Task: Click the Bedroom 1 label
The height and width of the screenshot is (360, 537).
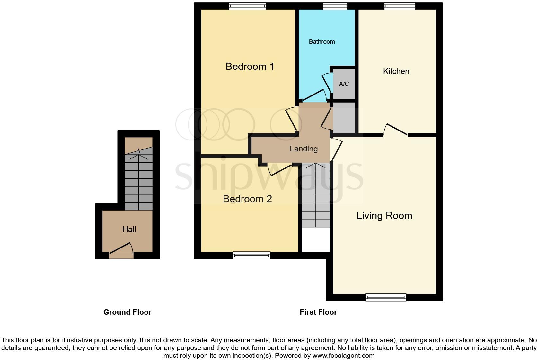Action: (x=250, y=67)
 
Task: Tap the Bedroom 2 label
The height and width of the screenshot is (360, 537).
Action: (x=247, y=199)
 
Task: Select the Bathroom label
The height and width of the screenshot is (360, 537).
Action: (x=321, y=42)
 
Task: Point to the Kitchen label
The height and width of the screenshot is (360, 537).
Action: (x=396, y=71)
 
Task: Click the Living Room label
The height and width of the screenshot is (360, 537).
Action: (x=384, y=216)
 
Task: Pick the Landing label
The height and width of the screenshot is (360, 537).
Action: (x=304, y=149)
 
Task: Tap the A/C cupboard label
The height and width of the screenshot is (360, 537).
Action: (x=344, y=84)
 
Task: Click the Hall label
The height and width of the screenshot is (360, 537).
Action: (x=129, y=230)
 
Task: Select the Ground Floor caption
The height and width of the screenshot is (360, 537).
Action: (x=127, y=312)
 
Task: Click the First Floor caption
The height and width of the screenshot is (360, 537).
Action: (x=318, y=312)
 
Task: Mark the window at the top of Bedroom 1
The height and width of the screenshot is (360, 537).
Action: (x=247, y=6)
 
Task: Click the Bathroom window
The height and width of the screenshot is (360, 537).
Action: (x=335, y=6)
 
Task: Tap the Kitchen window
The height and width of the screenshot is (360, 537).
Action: (x=400, y=6)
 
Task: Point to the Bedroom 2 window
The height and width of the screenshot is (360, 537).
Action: (x=252, y=256)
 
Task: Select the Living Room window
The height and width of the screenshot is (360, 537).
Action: (x=386, y=297)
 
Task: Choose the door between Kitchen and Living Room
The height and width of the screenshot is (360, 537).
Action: (x=396, y=130)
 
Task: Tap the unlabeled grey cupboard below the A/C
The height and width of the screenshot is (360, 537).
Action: (x=344, y=117)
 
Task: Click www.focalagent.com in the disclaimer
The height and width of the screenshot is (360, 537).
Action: (x=343, y=355)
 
